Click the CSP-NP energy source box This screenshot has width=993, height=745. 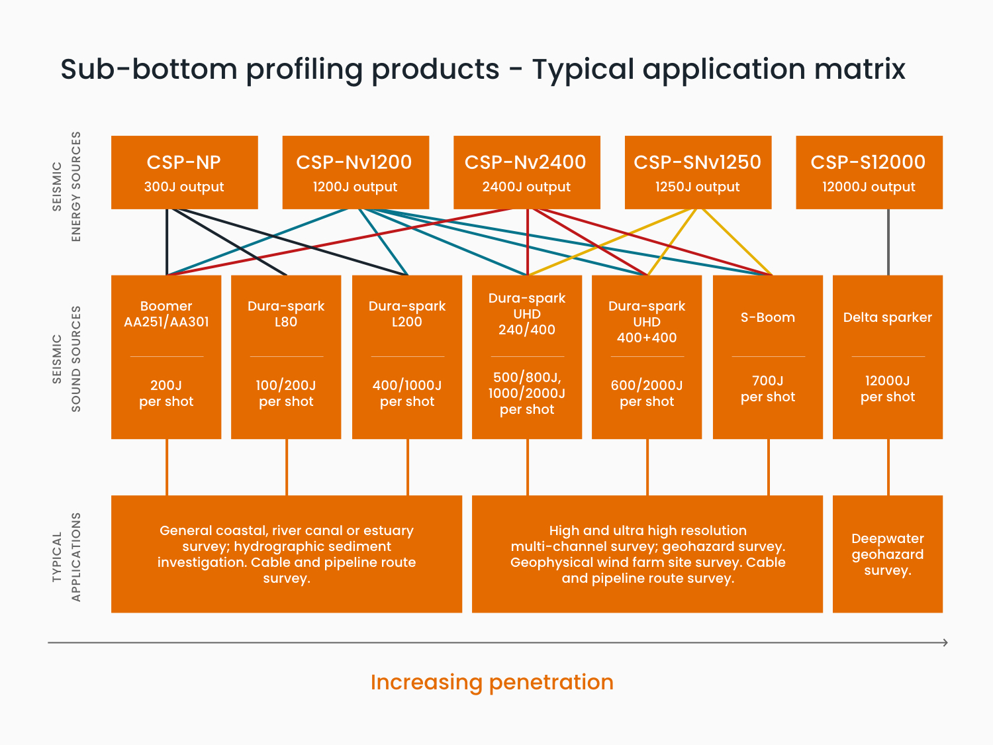185,172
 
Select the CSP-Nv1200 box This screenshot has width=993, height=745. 355,172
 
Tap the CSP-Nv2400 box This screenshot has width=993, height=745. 527,172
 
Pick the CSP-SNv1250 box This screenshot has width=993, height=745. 698,172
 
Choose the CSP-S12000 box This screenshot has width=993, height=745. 869,172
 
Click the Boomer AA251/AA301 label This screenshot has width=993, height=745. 166,314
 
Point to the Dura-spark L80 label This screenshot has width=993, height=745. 286,314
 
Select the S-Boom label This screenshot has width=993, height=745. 768,318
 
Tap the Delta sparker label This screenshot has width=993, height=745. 888,318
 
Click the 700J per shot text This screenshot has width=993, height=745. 768,389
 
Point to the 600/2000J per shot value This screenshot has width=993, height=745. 647,393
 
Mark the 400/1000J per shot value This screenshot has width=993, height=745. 407,393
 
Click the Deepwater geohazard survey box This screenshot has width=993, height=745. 888,554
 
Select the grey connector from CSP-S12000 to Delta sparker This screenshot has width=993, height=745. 888,242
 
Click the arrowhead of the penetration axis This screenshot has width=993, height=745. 945,642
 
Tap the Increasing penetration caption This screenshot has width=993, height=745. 493,682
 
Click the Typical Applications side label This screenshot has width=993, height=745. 66,557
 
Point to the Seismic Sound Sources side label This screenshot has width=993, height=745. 66,359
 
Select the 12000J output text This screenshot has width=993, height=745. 869,187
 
